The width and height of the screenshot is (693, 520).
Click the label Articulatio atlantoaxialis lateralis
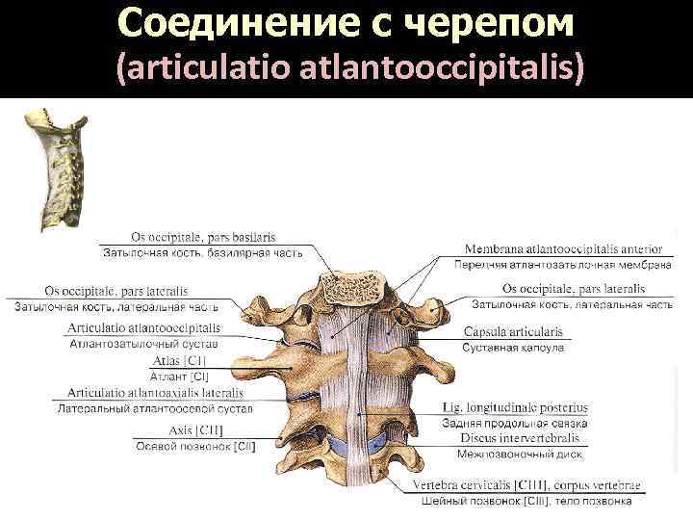tap(155, 393)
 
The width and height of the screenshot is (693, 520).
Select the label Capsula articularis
tap(512, 332)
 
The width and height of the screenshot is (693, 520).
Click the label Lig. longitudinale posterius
tap(514, 407)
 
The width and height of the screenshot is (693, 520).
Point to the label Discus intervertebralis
tap(513, 437)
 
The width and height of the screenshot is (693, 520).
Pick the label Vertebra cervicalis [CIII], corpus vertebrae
tap(526, 484)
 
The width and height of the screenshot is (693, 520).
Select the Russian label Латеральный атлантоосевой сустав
tap(155, 408)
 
